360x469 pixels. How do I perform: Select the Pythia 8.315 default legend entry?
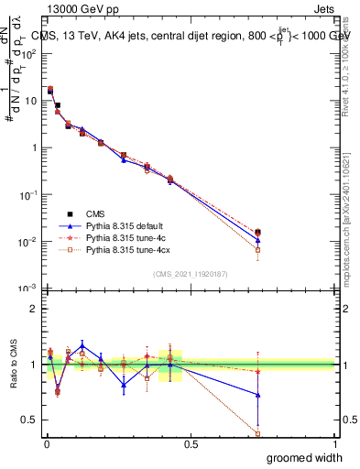pyautogui.click(x=129, y=224)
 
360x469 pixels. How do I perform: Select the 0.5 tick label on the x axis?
pyautogui.click(x=191, y=443)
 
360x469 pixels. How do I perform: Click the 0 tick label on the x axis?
pyautogui.click(x=47, y=443)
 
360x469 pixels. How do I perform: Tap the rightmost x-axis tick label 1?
pyautogui.click(x=334, y=443)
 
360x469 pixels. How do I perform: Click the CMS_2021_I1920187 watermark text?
pyautogui.click(x=191, y=274)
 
